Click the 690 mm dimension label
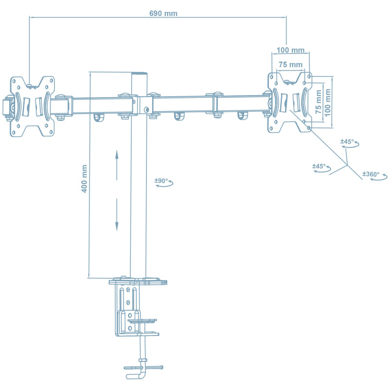point(163,14)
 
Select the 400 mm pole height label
point(84,178)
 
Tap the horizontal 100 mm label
point(291,50)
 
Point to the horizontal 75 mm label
point(290,64)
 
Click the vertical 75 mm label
point(318,102)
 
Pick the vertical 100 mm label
point(327,102)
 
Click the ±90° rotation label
point(161,180)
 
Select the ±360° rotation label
point(371,174)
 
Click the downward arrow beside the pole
point(117,214)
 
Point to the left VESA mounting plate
point(33,106)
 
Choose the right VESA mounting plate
point(289,102)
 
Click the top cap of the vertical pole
point(139,73)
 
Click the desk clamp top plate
point(138,282)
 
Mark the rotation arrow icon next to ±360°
point(379,178)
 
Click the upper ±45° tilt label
point(347,141)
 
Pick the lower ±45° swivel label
point(319,166)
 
